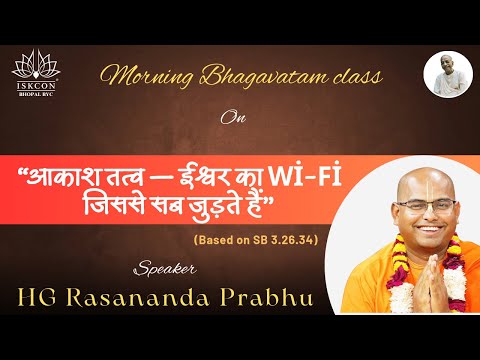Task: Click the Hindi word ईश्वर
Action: pos(200,161)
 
